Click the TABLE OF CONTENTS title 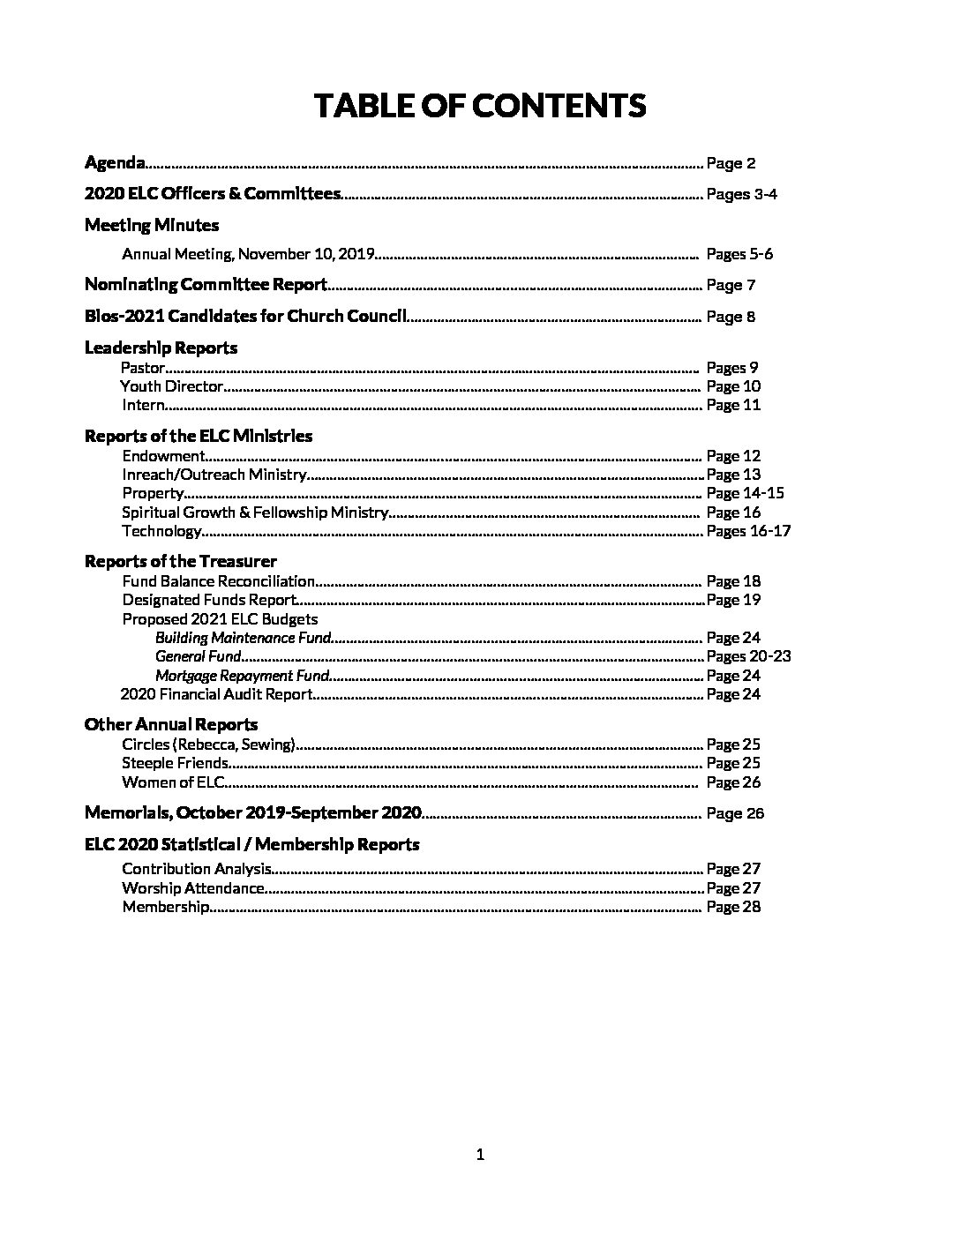coord(480,106)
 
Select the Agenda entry coord(115,162)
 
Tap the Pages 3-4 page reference coord(741,194)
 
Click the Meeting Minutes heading coord(152,225)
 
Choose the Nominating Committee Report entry coord(206,285)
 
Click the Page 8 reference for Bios coord(731,317)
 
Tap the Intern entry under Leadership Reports coord(143,405)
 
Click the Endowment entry coord(163,456)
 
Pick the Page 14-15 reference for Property coord(745,493)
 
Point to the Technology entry coord(162,531)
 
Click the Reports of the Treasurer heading coord(180,561)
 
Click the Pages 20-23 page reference coord(748,656)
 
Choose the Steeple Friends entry coord(176,763)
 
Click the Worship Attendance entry coord(193,888)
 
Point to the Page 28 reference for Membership coord(733,907)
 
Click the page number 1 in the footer coord(480,1155)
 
